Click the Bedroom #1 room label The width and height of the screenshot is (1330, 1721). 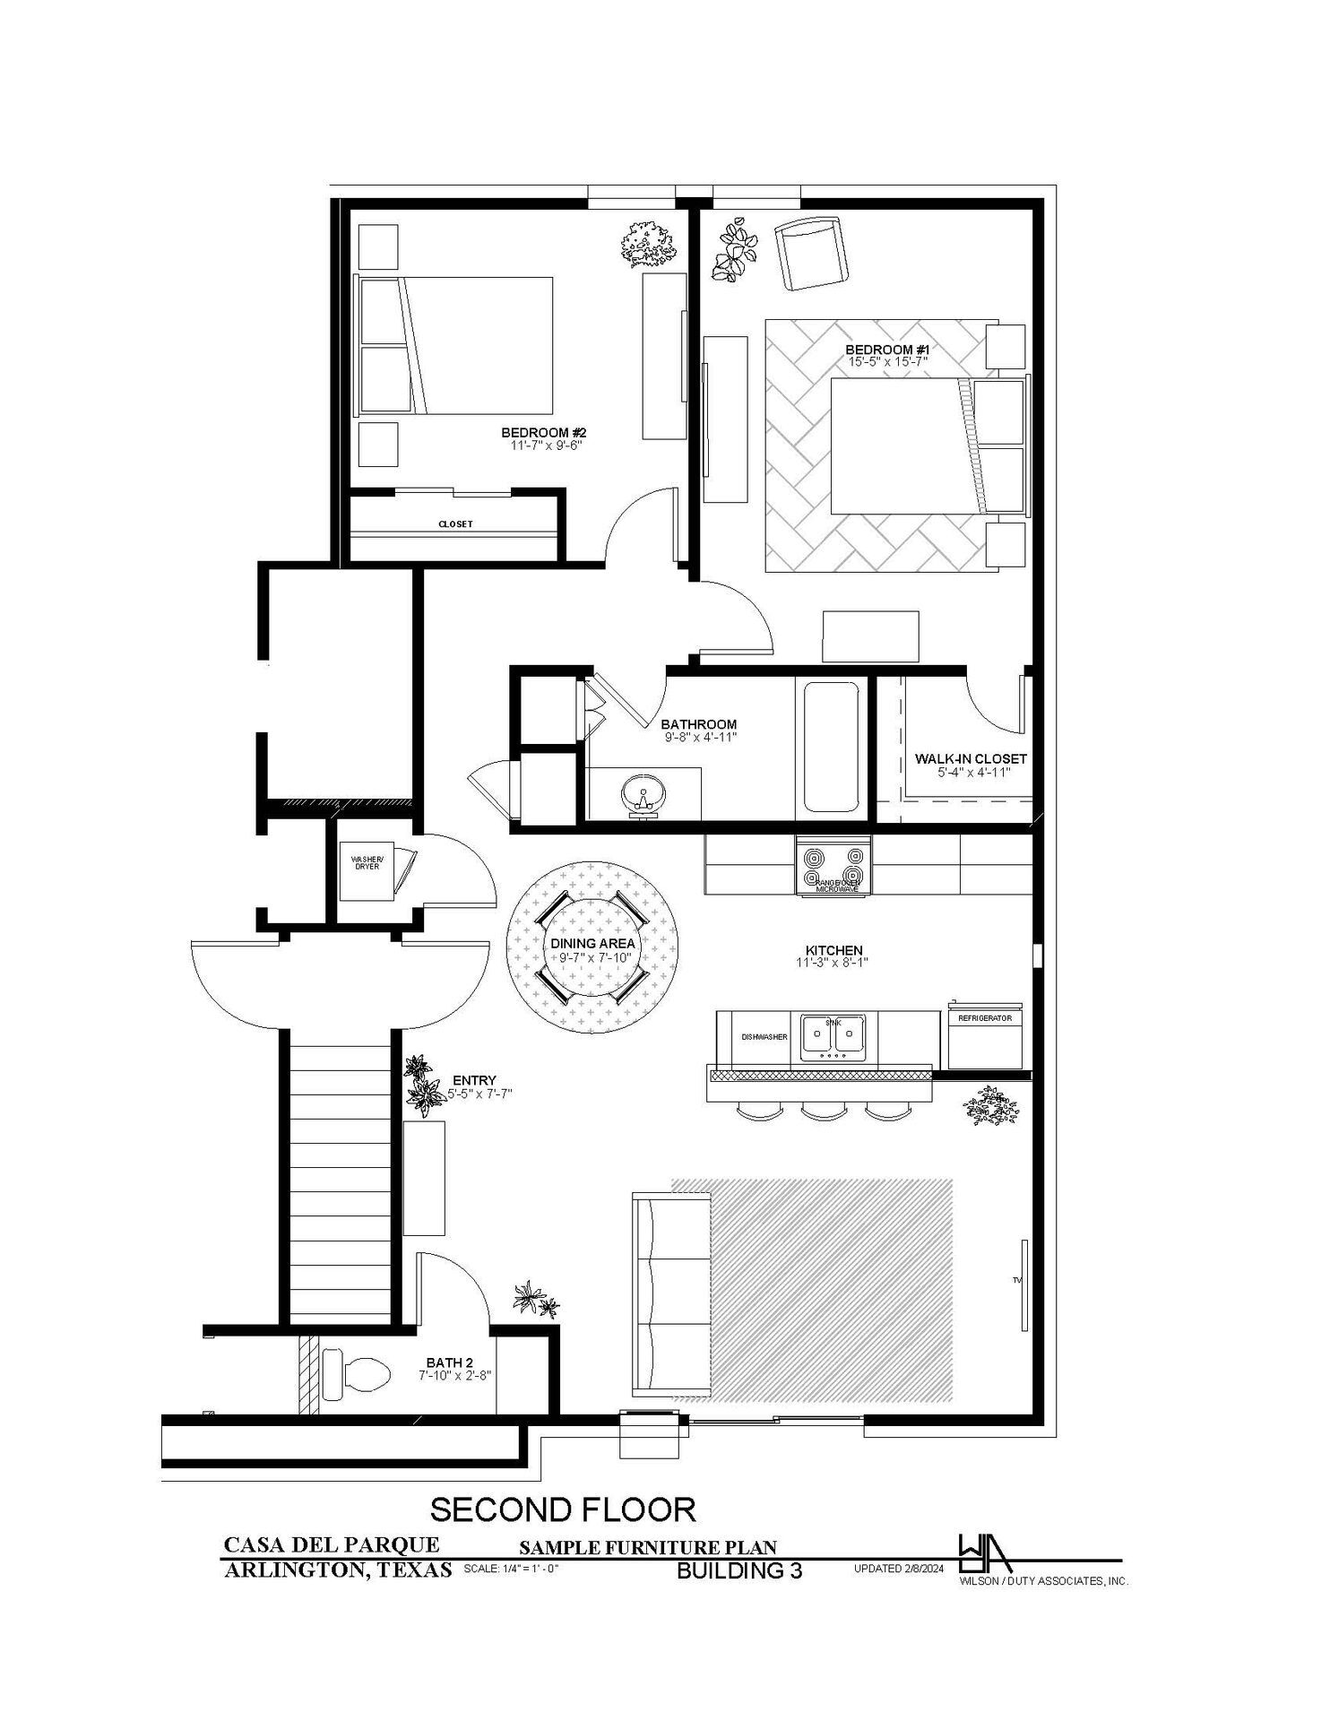tap(888, 349)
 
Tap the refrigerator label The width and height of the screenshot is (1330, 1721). tap(985, 1018)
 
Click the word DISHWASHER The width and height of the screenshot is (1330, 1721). tap(764, 1037)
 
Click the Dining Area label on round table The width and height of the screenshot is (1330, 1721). tap(592, 943)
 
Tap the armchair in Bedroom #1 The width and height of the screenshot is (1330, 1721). tap(811, 254)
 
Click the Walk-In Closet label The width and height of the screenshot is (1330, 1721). tap(971, 758)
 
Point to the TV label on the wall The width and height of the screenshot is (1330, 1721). tap(1017, 1280)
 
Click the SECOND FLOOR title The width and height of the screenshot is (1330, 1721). tap(563, 1509)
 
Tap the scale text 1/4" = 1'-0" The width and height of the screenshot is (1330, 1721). tap(512, 1570)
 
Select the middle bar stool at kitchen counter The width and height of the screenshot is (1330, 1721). tap(820, 1113)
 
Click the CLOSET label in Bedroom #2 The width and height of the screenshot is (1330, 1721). tap(455, 524)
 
